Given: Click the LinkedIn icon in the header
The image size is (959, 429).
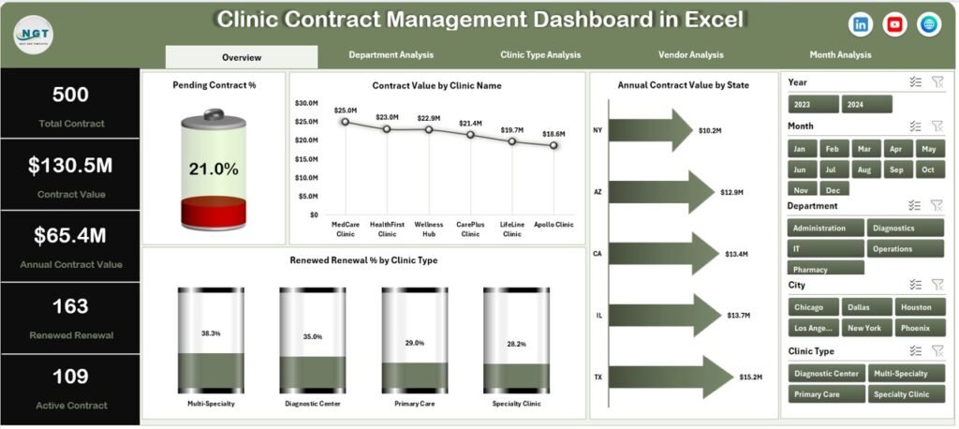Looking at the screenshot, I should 861,24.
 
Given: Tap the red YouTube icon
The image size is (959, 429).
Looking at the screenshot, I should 895,24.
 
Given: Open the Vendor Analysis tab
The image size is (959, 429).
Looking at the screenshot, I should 690,55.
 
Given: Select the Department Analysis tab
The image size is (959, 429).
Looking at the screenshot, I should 391,55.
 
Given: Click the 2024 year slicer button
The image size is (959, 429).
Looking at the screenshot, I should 866,105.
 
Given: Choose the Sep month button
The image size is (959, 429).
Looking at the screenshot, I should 896,170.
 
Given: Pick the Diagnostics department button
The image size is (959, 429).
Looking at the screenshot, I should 905,228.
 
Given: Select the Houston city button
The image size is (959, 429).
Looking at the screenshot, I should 914,307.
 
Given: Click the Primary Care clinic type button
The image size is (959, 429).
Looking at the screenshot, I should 825,393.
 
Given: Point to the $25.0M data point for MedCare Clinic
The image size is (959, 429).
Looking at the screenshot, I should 345,122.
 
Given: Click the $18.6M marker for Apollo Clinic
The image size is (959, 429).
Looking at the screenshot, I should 553,145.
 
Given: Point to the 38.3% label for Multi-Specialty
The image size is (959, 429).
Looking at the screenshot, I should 210,333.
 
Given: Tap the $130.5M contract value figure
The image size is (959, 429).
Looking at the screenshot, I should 70,166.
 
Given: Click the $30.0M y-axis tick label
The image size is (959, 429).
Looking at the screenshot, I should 308,103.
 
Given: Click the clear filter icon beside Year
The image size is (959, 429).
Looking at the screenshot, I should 937,82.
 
